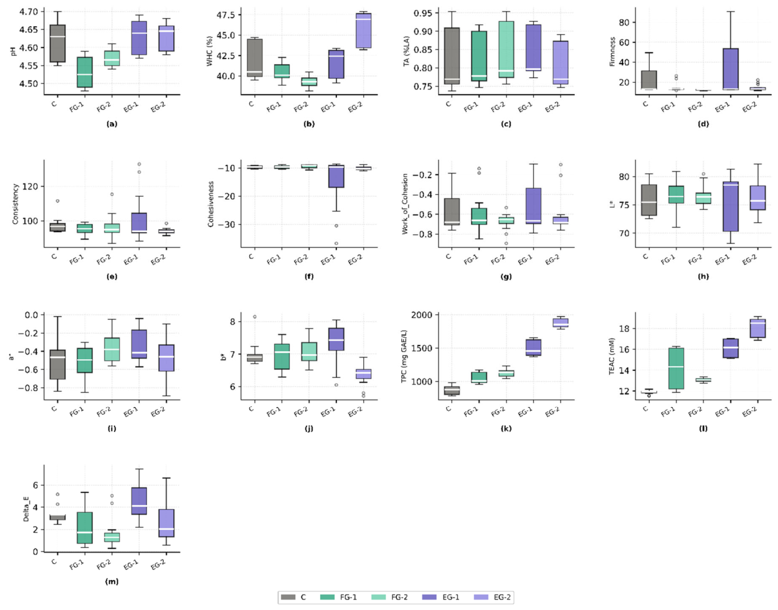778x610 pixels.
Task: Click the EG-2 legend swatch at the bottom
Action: (x=481, y=597)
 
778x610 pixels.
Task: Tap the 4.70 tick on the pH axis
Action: (x=28, y=12)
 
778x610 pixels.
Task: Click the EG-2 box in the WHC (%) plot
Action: (x=363, y=30)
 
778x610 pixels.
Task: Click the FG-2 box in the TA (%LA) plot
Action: (x=506, y=49)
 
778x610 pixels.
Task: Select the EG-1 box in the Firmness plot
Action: (x=731, y=69)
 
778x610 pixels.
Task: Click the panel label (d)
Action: (x=703, y=124)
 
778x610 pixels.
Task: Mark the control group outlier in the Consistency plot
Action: (x=57, y=201)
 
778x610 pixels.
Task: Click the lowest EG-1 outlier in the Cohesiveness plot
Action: (x=336, y=243)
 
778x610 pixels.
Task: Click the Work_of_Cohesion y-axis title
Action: (x=405, y=204)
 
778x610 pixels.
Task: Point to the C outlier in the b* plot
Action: (x=255, y=317)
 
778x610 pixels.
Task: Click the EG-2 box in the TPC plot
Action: (x=561, y=322)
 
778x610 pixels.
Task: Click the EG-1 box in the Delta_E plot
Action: (x=140, y=501)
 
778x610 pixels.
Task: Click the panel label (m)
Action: (x=111, y=581)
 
